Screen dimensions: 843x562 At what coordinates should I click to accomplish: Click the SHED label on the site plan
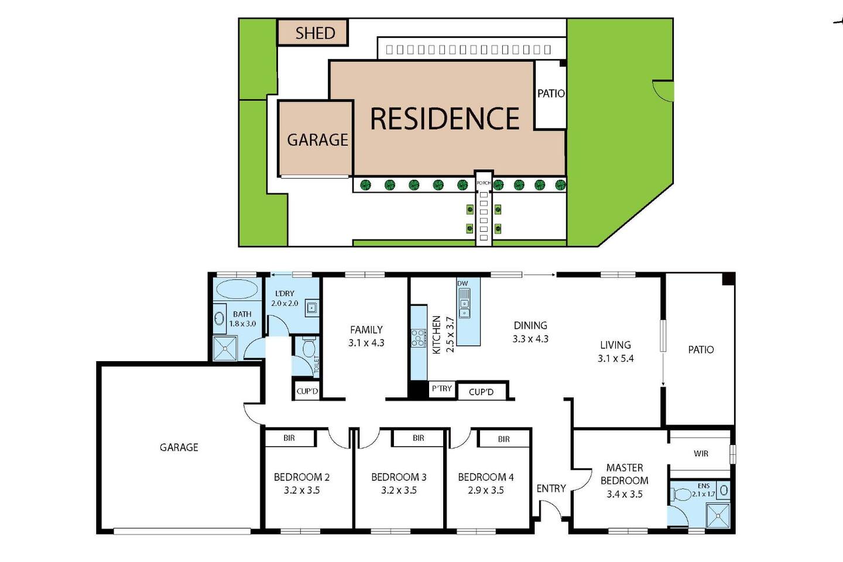315,33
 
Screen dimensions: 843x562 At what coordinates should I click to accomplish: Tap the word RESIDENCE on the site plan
445,119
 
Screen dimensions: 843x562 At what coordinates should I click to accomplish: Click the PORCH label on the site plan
484,183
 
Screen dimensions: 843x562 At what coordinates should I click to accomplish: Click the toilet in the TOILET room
309,347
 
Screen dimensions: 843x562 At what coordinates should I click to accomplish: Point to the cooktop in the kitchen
419,338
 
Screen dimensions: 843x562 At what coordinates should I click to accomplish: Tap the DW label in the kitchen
462,283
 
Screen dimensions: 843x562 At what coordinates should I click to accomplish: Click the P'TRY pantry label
442,388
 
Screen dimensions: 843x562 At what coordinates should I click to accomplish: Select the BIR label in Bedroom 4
504,439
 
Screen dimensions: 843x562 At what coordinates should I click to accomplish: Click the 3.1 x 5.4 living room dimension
616,358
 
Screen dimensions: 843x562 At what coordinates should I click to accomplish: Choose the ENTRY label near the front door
551,489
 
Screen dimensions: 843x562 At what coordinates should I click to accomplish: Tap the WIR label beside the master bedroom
701,454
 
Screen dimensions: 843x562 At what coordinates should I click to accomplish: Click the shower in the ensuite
718,515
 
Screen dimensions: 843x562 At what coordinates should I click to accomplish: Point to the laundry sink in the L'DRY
312,308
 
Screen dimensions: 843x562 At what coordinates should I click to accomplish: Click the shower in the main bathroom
225,348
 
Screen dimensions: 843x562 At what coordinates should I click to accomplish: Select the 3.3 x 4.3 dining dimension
530,339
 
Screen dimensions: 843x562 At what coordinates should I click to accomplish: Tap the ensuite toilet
681,494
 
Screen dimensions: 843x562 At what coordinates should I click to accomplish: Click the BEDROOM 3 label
399,477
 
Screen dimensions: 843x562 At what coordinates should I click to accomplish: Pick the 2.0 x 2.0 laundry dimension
285,303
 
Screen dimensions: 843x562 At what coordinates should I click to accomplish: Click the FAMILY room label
366,330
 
